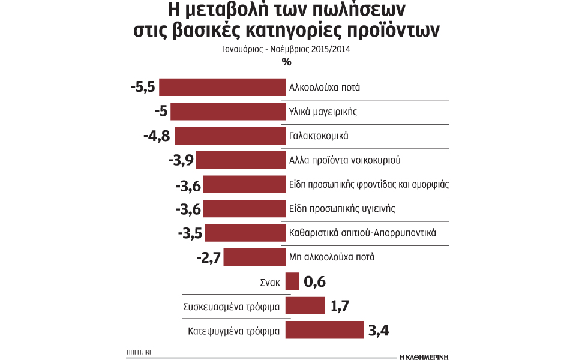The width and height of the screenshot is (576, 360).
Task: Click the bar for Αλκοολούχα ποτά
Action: [x=222, y=87]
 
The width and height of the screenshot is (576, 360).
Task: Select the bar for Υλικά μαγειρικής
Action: [x=227, y=112]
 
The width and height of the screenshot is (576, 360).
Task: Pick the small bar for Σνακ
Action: [x=292, y=281]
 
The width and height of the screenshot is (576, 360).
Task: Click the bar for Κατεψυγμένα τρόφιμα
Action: [x=325, y=330]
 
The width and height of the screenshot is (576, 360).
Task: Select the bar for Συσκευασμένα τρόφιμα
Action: [x=305, y=306]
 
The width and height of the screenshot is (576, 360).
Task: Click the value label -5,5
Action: [x=143, y=88]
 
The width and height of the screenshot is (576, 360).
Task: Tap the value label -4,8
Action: [x=157, y=136]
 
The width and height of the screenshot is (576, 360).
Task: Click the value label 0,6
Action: [x=315, y=282]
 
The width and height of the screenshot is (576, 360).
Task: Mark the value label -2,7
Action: [x=209, y=257]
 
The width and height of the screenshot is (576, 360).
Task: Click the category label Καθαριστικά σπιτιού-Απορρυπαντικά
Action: [x=362, y=233]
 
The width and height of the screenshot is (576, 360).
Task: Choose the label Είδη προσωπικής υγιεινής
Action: [x=341, y=209]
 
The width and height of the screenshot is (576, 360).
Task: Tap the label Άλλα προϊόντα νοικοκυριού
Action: [x=344, y=160]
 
